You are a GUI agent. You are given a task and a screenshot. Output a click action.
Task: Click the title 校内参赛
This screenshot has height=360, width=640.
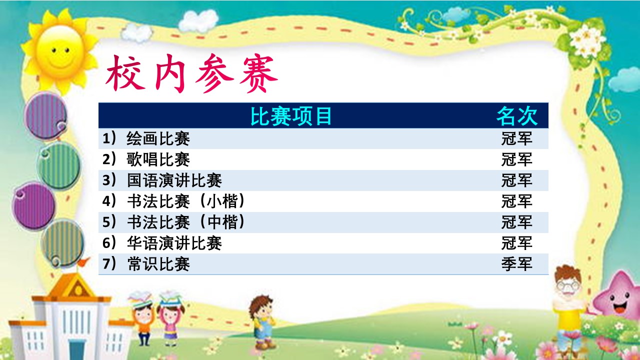click(x=191, y=73)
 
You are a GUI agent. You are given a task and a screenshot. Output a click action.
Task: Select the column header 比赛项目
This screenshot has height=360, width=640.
click(x=291, y=116)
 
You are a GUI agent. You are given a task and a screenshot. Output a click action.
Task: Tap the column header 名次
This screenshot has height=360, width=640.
click(x=517, y=116)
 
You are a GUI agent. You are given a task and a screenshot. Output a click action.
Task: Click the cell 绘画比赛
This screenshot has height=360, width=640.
click(x=158, y=138)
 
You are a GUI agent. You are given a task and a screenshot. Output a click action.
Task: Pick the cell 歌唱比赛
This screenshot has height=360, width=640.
click(x=158, y=159)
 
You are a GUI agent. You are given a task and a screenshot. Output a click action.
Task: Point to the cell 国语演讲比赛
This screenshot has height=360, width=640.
click(x=174, y=180)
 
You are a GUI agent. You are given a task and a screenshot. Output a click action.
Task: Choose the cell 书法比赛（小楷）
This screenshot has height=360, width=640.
click(x=185, y=201)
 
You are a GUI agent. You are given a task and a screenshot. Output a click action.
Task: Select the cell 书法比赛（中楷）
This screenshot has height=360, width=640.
click(x=185, y=222)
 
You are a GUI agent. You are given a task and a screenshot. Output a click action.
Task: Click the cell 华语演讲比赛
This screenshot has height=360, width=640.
click(x=174, y=243)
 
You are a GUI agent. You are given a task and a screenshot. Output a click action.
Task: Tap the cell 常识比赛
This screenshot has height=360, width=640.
click(x=158, y=264)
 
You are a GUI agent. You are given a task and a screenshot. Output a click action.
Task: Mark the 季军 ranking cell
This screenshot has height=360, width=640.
click(x=516, y=264)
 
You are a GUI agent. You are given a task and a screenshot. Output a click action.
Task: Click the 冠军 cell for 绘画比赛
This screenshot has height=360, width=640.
click(x=516, y=138)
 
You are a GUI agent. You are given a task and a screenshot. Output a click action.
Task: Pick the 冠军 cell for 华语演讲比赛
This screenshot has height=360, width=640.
click(x=516, y=243)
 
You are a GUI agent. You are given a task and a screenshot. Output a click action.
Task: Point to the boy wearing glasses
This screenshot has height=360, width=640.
click(x=569, y=308)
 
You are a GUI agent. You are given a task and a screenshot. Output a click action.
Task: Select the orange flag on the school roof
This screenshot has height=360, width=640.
click(x=83, y=262)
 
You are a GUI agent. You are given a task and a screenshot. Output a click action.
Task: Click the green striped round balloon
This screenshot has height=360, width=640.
click(x=59, y=165)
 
